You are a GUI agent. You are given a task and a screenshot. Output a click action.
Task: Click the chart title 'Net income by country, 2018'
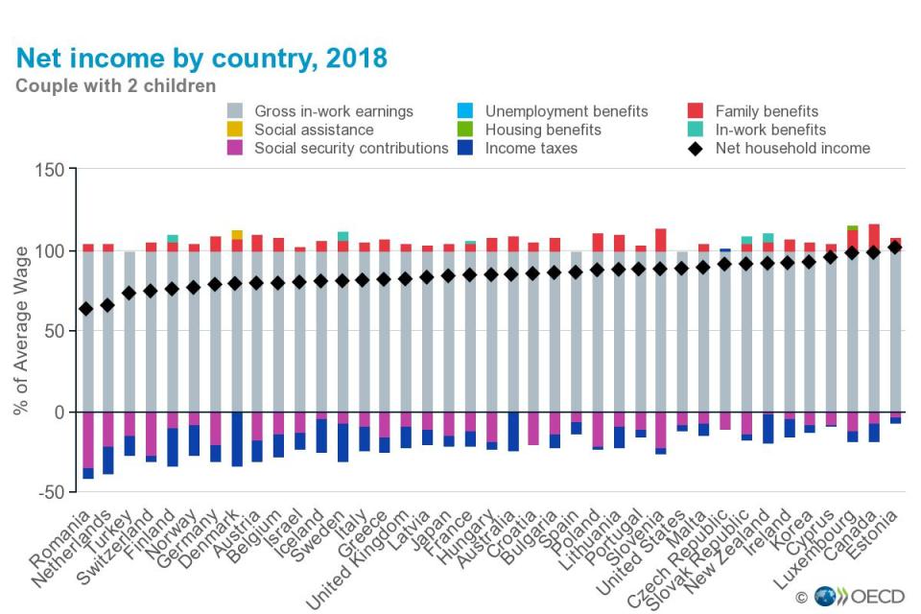pos(201,59)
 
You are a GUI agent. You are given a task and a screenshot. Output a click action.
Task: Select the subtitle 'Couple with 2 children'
pos(115,86)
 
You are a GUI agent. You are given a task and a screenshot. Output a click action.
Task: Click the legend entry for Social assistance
pos(314,130)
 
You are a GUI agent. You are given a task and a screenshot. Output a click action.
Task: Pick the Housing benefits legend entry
pos(543,130)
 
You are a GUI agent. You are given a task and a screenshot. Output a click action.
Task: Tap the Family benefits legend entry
pos(767,111)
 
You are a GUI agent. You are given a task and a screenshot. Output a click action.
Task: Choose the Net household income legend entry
pos(792,148)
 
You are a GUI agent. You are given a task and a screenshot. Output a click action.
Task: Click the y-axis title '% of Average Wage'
pos(21,331)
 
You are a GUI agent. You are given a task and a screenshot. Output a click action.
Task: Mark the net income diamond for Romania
pos(86,309)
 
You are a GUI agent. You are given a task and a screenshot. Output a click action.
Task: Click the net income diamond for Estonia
pos(895,247)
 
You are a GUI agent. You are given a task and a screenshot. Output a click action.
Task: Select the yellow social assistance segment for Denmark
pos(237,235)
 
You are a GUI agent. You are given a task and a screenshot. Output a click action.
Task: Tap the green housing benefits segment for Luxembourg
pos(851,227)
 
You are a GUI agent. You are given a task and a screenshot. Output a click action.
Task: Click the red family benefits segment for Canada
pos(873,237)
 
